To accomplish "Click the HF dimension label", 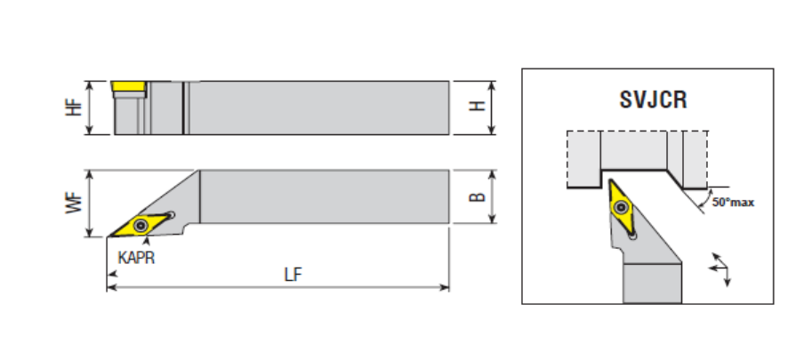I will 76,108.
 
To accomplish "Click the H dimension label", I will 478,107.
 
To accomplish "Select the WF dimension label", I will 76,204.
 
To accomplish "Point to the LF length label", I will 292,275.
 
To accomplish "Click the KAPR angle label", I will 136,255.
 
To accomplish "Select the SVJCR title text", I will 652,100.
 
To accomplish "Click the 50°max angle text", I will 732,203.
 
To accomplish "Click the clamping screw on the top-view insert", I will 142,223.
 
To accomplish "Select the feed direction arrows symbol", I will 720,269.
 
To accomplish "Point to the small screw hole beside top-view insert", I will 171,214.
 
